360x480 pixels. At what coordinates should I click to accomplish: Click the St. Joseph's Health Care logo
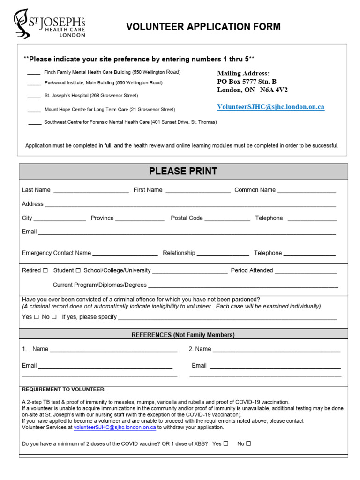[49, 24]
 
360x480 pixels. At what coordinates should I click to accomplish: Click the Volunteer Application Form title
[203, 27]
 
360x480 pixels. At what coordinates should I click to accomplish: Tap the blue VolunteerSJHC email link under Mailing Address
[270, 107]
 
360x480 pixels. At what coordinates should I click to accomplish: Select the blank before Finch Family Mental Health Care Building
[33, 73]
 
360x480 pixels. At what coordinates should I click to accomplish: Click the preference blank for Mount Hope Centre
[34, 110]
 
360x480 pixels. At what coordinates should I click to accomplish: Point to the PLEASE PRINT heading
[183, 172]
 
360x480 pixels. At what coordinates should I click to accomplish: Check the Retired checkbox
[45, 270]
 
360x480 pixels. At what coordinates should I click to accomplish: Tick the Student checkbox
[78, 270]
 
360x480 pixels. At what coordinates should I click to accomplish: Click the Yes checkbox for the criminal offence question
[37, 317]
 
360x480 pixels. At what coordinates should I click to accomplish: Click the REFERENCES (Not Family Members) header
[183, 335]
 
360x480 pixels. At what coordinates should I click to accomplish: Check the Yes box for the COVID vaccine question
[226, 443]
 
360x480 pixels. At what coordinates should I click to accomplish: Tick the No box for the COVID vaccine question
[248, 443]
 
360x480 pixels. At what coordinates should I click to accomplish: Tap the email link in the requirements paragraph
[115, 427]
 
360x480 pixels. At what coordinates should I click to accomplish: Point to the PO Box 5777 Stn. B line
[247, 82]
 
